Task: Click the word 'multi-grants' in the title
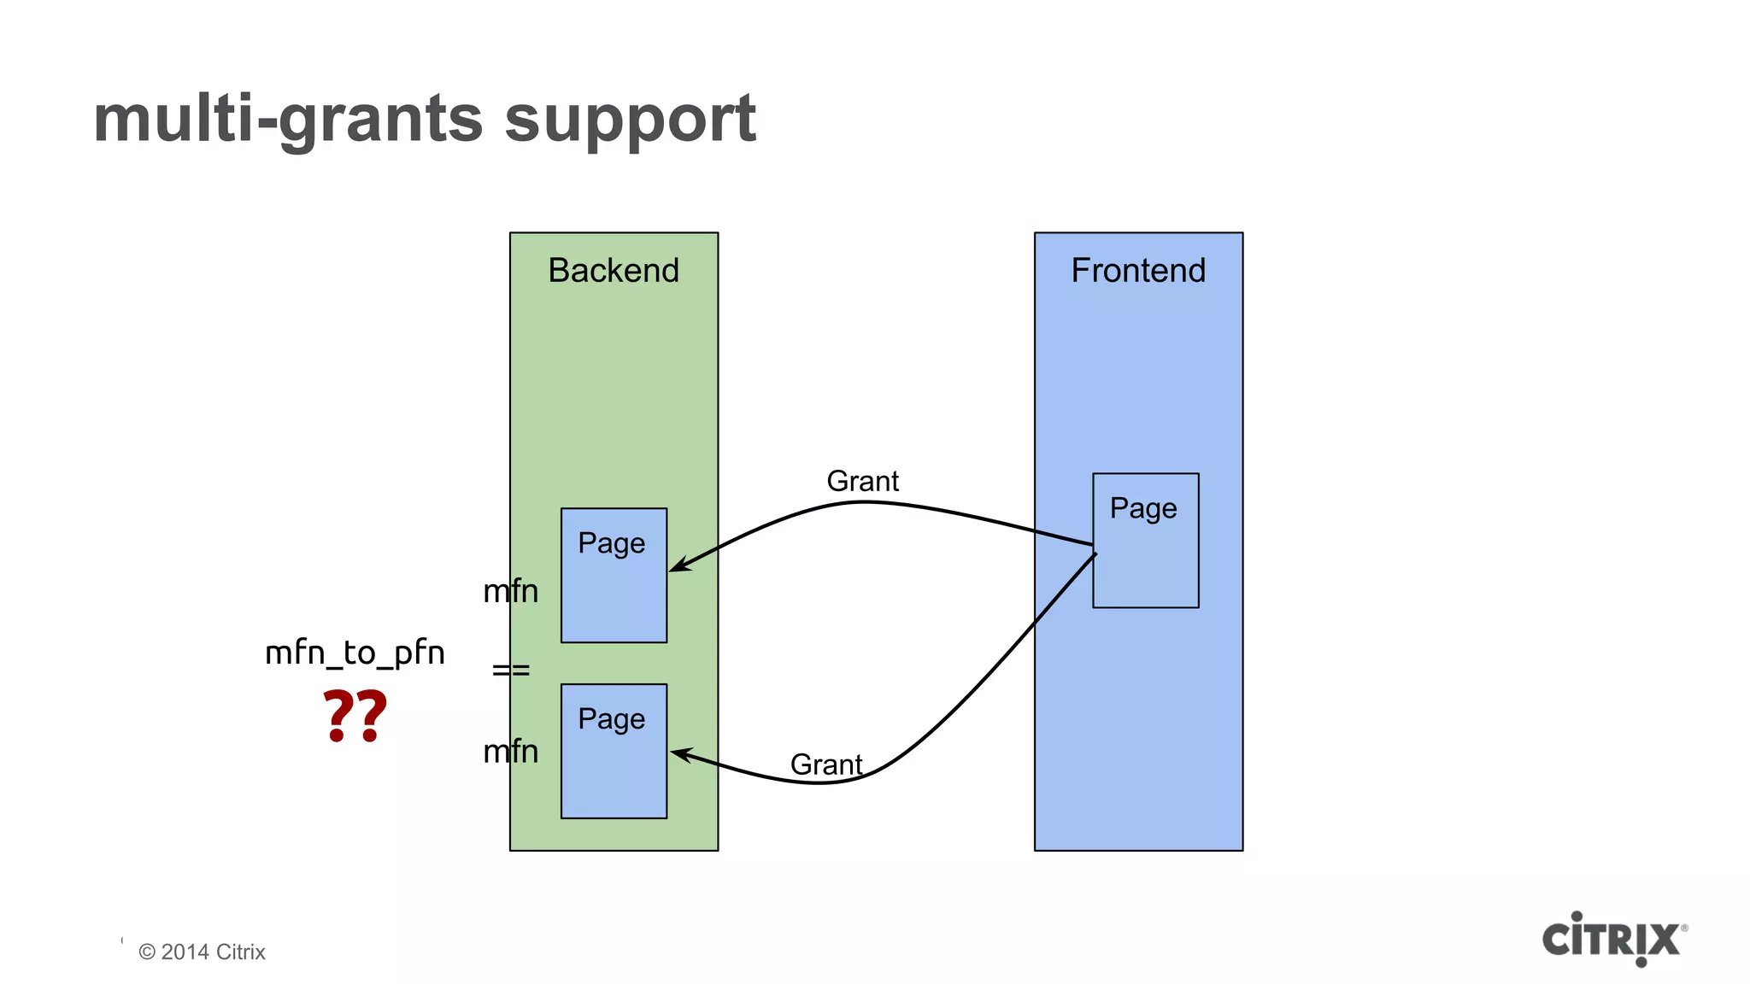289,120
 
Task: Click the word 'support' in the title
630,120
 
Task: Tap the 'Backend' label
614,271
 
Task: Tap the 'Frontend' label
1138,271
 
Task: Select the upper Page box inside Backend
614,589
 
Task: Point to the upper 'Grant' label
862,482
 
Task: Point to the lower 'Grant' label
825,764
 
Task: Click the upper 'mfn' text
511,591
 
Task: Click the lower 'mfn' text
511,752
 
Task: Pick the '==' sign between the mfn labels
511,671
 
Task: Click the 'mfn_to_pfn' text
355,653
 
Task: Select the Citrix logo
1613,938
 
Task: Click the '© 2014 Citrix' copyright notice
202,952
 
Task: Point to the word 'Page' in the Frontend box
1143,509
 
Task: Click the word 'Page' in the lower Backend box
611,719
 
